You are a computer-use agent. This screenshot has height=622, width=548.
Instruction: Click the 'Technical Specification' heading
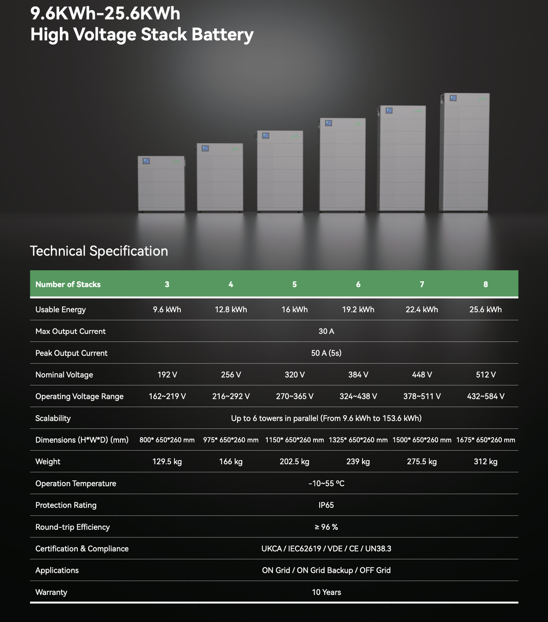pos(99,251)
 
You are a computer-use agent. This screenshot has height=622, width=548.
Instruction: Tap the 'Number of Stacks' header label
pos(68,284)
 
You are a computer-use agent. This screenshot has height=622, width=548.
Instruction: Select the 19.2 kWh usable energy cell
pos(358,309)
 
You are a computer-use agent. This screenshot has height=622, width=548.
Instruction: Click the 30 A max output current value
pos(326,331)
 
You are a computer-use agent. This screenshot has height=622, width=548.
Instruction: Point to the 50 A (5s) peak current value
pos(326,353)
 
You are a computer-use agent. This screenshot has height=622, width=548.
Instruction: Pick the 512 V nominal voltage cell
pos(486,375)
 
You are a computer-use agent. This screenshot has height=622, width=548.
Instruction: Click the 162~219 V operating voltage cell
pos(167,397)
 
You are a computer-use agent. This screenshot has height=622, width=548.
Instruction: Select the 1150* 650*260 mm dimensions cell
pos(294,440)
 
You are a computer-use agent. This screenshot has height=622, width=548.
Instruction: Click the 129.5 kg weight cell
pos(167,462)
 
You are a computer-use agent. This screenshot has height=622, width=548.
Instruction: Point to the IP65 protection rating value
pos(326,505)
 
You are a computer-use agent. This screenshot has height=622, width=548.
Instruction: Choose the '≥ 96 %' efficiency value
pos(326,527)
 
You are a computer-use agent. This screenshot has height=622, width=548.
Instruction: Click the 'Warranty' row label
pos(51,592)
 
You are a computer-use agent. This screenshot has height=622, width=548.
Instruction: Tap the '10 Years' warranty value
pos(326,592)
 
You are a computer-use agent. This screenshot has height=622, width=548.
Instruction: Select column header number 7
pos(422,284)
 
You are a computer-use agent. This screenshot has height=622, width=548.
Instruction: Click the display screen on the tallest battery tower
pos(453,98)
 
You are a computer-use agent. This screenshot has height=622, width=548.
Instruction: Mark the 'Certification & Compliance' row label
pos(82,549)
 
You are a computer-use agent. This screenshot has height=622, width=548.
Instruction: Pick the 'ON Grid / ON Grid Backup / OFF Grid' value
pos(326,570)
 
